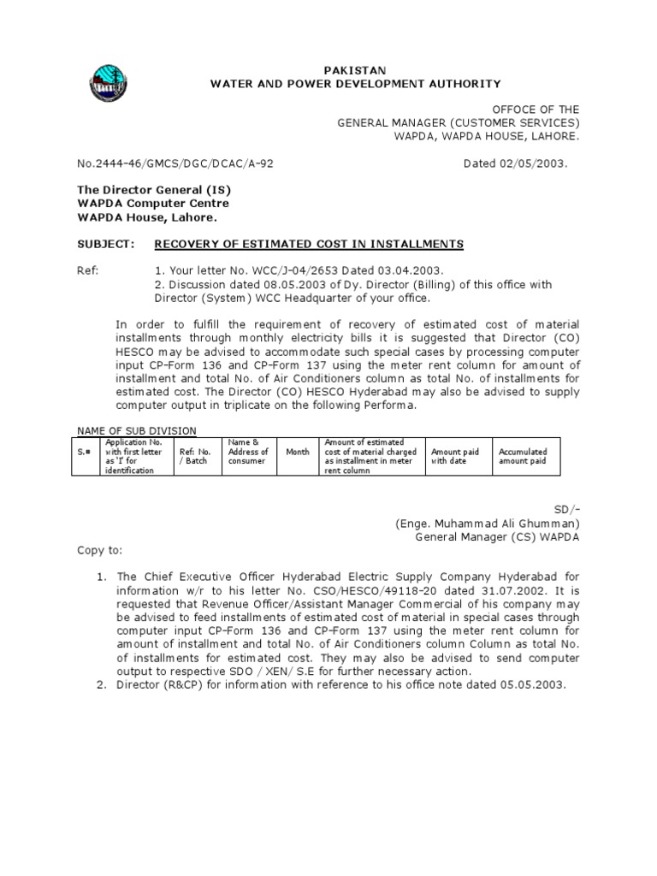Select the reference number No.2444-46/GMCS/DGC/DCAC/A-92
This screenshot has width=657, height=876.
[x=175, y=163]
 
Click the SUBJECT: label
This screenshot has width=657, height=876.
[x=106, y=245]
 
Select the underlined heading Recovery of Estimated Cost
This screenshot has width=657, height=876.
[x=308, y=245]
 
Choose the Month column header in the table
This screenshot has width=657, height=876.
[x=297, y=452]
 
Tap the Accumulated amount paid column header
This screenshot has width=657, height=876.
[x=523, y=456]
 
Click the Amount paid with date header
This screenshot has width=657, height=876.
[x=455, y=456]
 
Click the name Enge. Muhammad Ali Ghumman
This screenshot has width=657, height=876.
[x=487, y=523]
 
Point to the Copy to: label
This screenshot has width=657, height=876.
[x=100, y=550]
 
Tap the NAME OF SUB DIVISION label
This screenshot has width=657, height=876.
[x=137, y=430]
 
